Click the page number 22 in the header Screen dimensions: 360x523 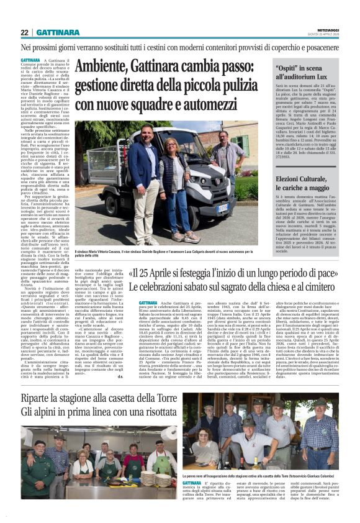click(24, 32)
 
